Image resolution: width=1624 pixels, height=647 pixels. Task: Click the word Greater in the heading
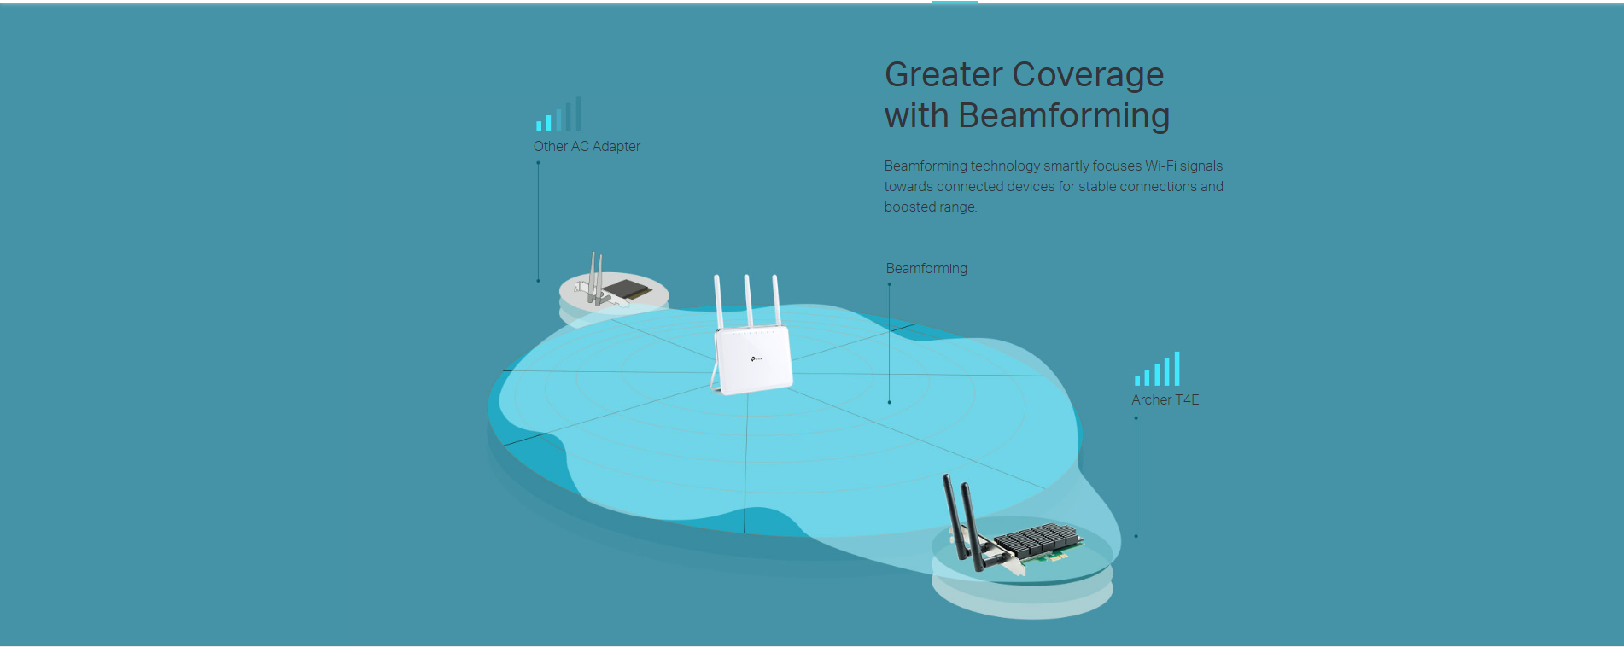(943, 74)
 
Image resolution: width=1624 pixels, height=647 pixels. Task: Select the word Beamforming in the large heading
(1064, 116)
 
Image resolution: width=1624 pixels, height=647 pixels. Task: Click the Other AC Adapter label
(587, 146)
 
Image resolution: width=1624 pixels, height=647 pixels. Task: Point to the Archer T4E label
(1165, 399)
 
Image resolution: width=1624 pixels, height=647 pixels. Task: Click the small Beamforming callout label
(926, 268)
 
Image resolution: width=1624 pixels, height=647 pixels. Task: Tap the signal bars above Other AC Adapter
(558, 114)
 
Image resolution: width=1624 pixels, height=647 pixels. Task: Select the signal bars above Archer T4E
(1157, 369)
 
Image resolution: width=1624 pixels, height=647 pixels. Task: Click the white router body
(752, 360)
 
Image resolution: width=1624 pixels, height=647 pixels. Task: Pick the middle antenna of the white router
(748, 300)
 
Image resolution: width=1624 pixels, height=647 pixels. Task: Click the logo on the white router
(757, 358)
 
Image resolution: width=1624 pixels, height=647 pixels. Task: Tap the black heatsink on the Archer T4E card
(1037, 540)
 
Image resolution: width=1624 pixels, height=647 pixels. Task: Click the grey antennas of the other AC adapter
(596, 277)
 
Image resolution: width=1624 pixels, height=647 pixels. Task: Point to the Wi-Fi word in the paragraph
(1160, 166)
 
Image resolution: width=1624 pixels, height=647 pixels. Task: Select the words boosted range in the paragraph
(931, 207)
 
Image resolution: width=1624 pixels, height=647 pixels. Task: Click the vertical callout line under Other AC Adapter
(538, 222)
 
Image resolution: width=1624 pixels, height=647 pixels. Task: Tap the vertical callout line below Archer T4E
(1136, 477)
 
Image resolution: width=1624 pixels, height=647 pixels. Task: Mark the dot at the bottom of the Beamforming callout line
(889, 402)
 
